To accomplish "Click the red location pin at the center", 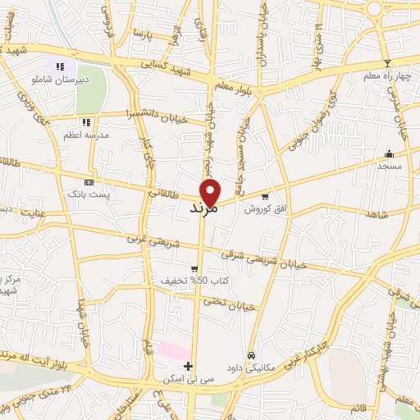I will coord(212,191).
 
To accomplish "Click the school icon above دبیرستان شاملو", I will coord(59,66).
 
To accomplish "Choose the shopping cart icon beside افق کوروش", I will coord(264,197).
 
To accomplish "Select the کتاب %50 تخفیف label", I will coord(194,281).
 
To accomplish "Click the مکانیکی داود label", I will coord(262,358).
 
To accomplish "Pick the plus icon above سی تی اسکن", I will coord(189,366).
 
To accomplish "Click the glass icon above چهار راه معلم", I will coord(387,63).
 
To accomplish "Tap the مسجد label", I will coord(389,166).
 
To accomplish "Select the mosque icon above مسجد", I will coord(389,153).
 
